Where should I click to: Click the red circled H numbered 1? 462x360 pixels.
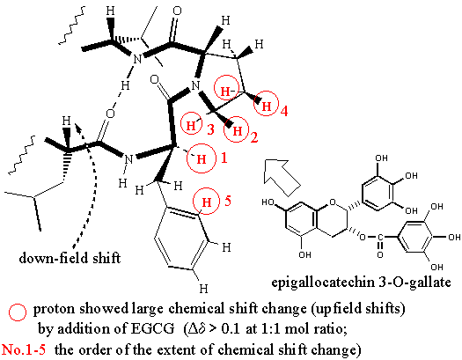coord(202,158)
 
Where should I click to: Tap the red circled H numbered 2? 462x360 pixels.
coord(237,130)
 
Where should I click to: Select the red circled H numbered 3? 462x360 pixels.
coord(191,126)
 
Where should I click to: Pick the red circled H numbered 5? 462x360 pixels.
coord(206,202)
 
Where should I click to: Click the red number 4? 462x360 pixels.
coord(284,111)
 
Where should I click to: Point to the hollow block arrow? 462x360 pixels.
coord(282,178)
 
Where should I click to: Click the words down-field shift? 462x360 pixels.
coord(70,259)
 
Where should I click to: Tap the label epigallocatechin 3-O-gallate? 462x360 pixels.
coord(361,283)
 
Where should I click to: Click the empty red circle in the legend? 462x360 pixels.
coord(18,312)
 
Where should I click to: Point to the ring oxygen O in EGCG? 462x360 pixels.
coord(333,202)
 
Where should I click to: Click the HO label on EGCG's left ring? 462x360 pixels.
coord(268,202)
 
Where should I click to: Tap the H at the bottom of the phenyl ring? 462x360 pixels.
coord(203,289)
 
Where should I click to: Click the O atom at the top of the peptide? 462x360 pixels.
coord(177,11)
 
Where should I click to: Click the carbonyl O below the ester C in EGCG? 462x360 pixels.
coord(380,254)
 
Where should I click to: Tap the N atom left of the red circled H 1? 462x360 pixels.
coord(128,159)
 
